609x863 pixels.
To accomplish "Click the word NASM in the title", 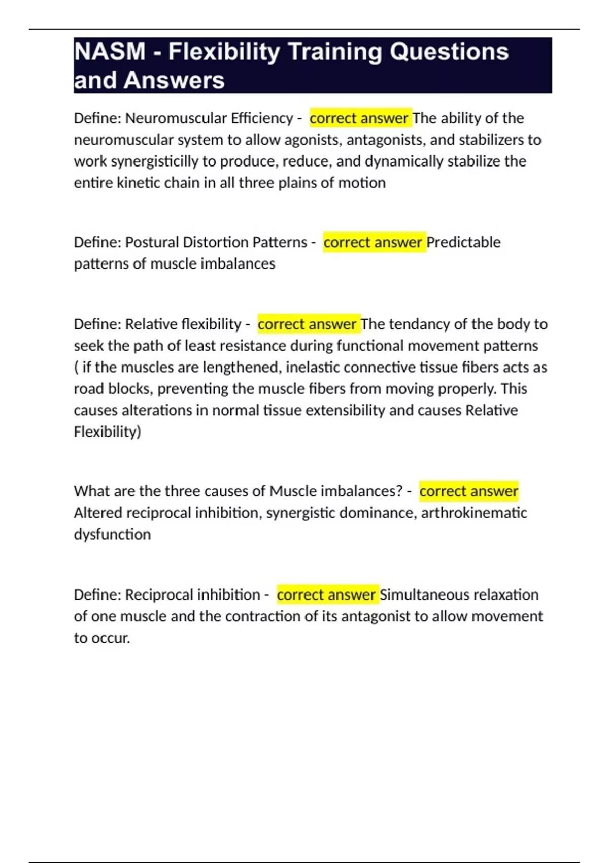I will (x=110, y=52).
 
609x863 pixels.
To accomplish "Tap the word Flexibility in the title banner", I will (x=224, y=52).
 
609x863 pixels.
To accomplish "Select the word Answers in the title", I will (x=174, y=80).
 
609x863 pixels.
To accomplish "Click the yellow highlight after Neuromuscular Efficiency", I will (x=359, y=118).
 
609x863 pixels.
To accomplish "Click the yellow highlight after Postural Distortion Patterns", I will (x=374, y=242).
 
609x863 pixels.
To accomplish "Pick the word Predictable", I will (x=463, y=242).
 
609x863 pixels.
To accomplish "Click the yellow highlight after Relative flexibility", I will (x=308, y=324).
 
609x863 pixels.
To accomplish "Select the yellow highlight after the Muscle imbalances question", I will (x=468, y=491).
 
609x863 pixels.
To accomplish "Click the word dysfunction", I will (x=112, y=535).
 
